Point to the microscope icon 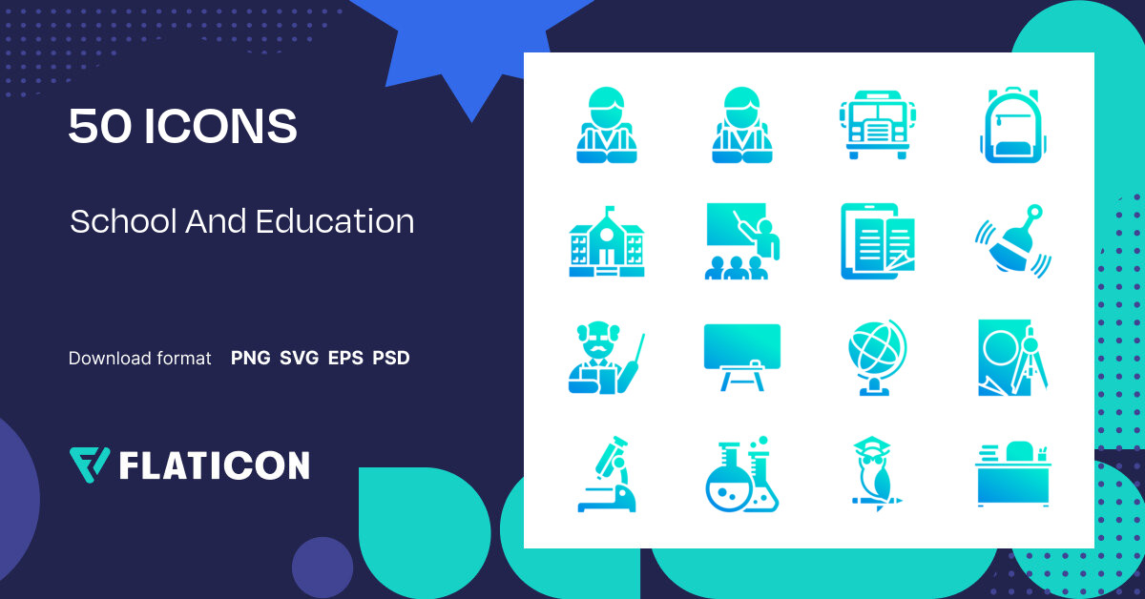click(607, 474)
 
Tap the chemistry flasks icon click(742, 474)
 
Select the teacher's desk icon click(1012, 474)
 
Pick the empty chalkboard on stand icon click(742, 357)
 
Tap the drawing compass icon click(1013, 357)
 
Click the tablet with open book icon click(877, 241)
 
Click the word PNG click(251, 359)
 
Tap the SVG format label click(300, 359)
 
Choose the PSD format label click(391, 359)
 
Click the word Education click(335, 221)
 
